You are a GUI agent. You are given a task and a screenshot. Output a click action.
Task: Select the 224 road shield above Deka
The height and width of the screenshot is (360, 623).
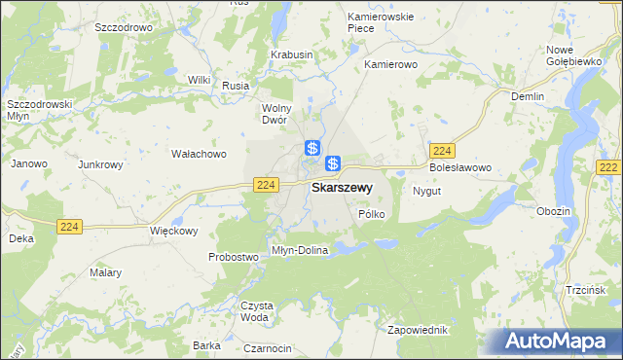[69, 226]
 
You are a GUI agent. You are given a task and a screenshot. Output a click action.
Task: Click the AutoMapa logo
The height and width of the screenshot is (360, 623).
[555, 341]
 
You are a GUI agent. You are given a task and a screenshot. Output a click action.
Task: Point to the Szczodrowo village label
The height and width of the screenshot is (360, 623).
[124, 28]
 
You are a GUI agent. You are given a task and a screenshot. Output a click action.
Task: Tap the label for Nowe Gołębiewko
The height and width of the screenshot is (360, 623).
[572, 55]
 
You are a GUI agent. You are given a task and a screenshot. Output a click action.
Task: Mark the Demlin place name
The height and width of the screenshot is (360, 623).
[528, 96]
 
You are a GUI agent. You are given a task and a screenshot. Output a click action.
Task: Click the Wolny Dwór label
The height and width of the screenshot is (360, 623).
[278, 114]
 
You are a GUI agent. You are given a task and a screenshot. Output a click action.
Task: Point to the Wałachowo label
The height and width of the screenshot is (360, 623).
[199, 154]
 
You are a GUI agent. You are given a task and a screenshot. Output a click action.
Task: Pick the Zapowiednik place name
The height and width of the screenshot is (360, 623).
[419, 329]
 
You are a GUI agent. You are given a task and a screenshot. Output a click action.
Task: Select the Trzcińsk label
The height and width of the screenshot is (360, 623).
[586, 291]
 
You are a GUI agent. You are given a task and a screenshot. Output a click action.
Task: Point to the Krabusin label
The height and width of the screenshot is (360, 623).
[292, 55]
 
